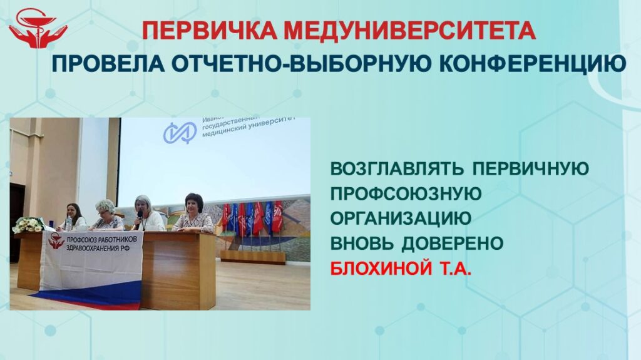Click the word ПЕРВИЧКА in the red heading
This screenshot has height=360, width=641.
click(x=210, y=30)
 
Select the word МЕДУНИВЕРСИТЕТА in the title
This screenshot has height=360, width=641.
click(x=409, y=30)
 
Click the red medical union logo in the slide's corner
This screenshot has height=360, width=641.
click(x=38, y=29)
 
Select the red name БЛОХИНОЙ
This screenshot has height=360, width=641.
click(x=381, y=269)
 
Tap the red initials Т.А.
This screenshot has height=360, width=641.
click(x=456, y=269)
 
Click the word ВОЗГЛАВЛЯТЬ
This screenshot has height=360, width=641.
click(x=397, y=168)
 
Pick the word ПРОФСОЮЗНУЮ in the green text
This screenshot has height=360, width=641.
click(x=406, y=193)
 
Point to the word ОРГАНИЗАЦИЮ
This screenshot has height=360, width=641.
click(x=401, y=219)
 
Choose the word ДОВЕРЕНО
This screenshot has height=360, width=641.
click(x=452, y=244)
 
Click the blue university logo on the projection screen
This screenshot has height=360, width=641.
click(x=180, y=133)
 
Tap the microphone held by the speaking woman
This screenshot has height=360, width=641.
click(x=140, y=215)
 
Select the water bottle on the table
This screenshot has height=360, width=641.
click(x=68, y=224)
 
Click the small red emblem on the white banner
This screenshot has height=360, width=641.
click(x=56, y=241)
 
